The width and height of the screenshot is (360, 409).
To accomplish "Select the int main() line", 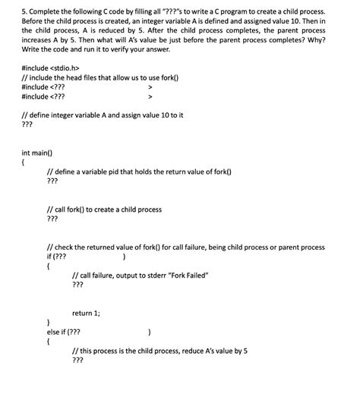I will (x=43, y=153).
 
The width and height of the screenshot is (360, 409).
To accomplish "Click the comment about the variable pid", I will (x=139, y=172).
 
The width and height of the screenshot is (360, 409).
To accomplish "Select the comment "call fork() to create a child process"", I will (x=104, y=209).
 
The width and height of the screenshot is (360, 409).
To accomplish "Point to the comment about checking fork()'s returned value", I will (x=185, y=247).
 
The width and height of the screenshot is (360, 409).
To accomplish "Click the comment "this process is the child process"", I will (x=159, y=351).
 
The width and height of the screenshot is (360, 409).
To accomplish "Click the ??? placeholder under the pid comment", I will (x=52, y=182).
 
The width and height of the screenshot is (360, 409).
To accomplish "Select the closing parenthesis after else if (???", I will (x=150, y=332).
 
